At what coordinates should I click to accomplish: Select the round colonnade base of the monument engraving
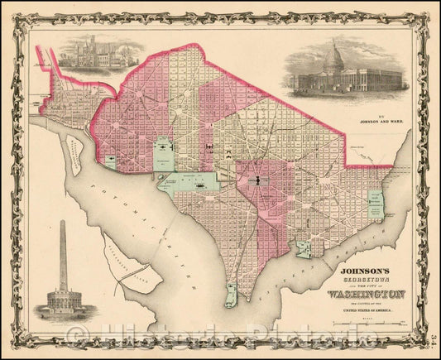point(64,300)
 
